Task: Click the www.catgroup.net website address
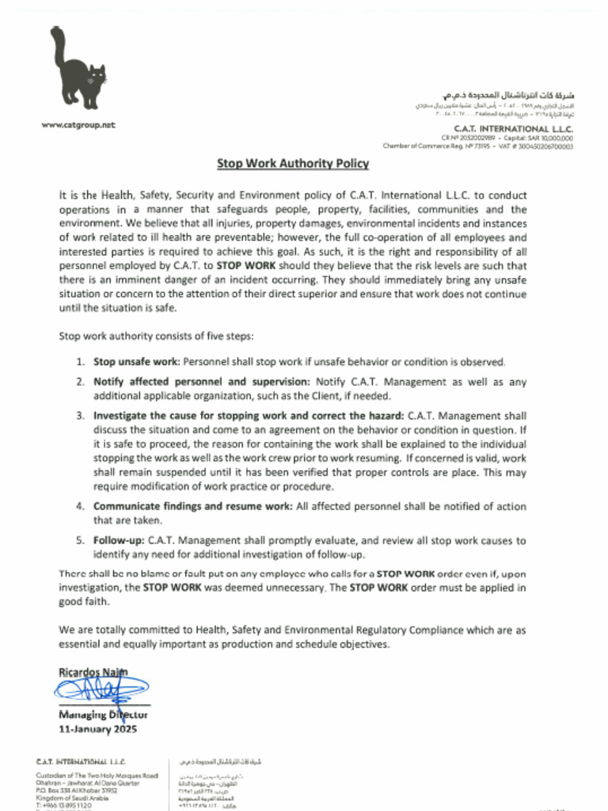pos(78,125)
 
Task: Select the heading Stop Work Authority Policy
pos(293,164)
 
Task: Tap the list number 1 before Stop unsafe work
pos(81,362)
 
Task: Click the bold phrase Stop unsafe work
pos(137,362)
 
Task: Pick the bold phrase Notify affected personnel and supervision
pos(203,382)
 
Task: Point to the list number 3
pos(81,415)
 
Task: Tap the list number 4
pos(81,506)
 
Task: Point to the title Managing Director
pos(103,715)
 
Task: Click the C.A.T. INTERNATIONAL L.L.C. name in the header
pos(513,128)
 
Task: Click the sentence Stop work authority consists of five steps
pos(156,336)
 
